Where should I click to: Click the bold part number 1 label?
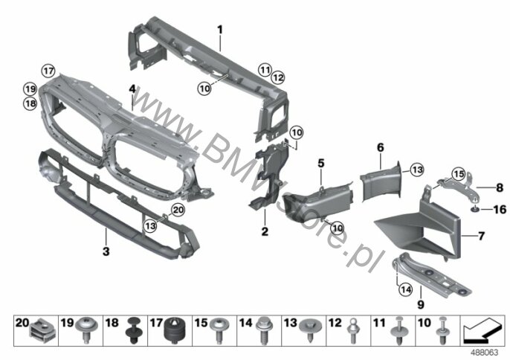220,30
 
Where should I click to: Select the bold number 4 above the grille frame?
132,89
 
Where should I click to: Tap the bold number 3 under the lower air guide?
106,251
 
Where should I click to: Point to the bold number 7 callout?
482,235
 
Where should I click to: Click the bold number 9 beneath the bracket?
421,305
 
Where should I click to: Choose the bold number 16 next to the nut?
500,209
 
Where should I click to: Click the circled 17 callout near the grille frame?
48,71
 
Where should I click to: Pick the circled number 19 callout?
30,89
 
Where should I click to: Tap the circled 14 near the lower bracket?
406,289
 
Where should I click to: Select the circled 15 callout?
459,174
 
